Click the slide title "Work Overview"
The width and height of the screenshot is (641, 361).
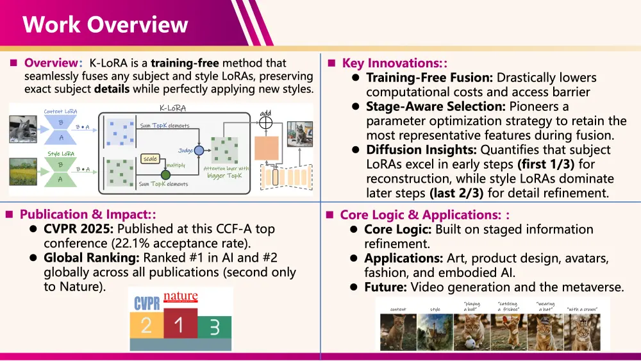click(105, 24)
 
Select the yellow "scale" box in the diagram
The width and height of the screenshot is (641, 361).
click(149, 158)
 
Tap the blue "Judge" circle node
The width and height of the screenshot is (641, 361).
click(199, 150)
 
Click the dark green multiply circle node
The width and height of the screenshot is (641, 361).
click(165, 174)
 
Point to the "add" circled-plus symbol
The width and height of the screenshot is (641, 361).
click(266, 123)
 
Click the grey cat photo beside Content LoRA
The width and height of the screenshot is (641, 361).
click(23, 128)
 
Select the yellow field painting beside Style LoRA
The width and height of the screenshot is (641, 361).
click(23, 171)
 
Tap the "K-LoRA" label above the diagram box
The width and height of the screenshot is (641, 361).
click(172, 108)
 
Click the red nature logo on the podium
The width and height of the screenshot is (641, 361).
click(181, 298)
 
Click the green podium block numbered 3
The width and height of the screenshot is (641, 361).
click(214, 327)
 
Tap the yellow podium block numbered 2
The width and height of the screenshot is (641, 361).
click(147, 325)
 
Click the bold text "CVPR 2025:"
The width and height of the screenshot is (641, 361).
click(79, 229)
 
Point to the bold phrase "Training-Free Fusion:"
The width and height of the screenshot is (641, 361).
click(429, 78)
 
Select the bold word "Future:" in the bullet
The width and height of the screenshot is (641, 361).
click(385, 287)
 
